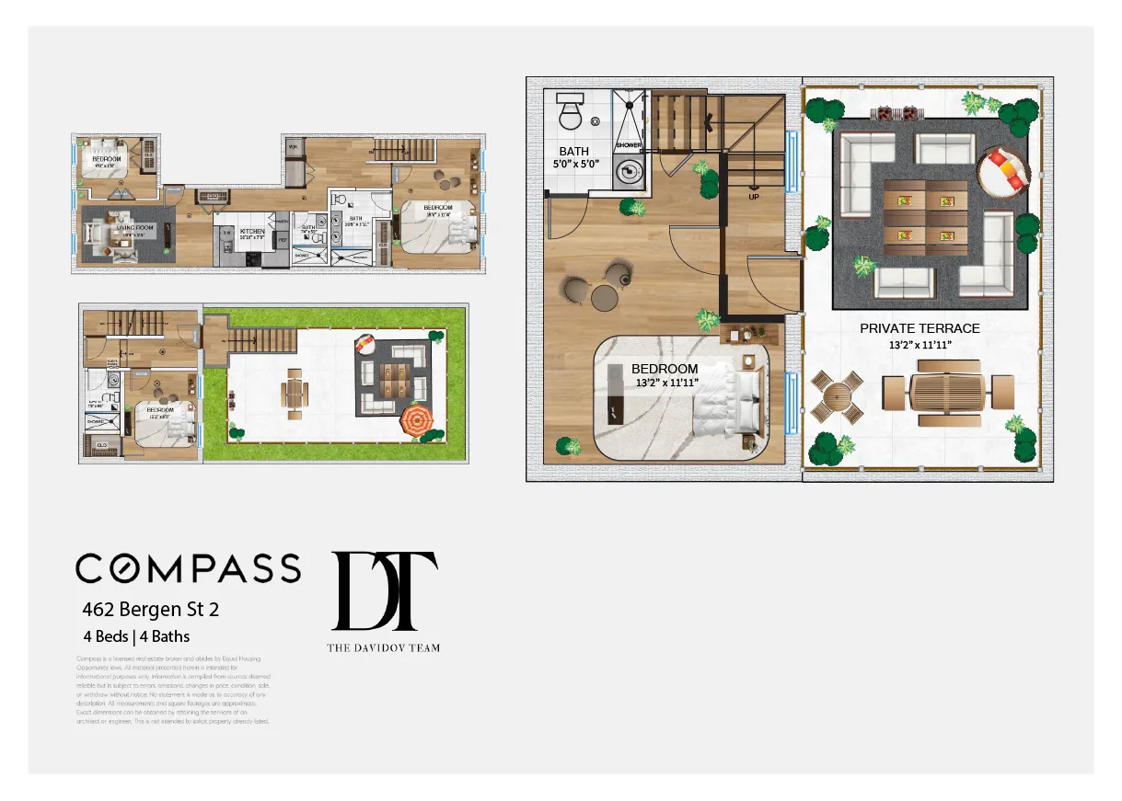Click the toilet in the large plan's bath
click(x=569, y=113)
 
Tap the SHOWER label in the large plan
click(x=629, y=145)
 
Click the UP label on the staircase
click(x=755, y=197)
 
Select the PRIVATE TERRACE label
click(x=920, y=328)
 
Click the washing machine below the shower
click(x=629, y=172)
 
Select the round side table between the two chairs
click(x=604, y=296)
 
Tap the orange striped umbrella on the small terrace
click(x=415, y=422)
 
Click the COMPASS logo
click(x=188, y=568)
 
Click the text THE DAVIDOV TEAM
click(x=383, y=647)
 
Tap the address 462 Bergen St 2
click(x=151, y=609)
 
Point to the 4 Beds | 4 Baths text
click(x=136, y=635)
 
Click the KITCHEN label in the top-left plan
click(x=251, y=232)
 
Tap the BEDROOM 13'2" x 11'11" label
click(x=665, y=375)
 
